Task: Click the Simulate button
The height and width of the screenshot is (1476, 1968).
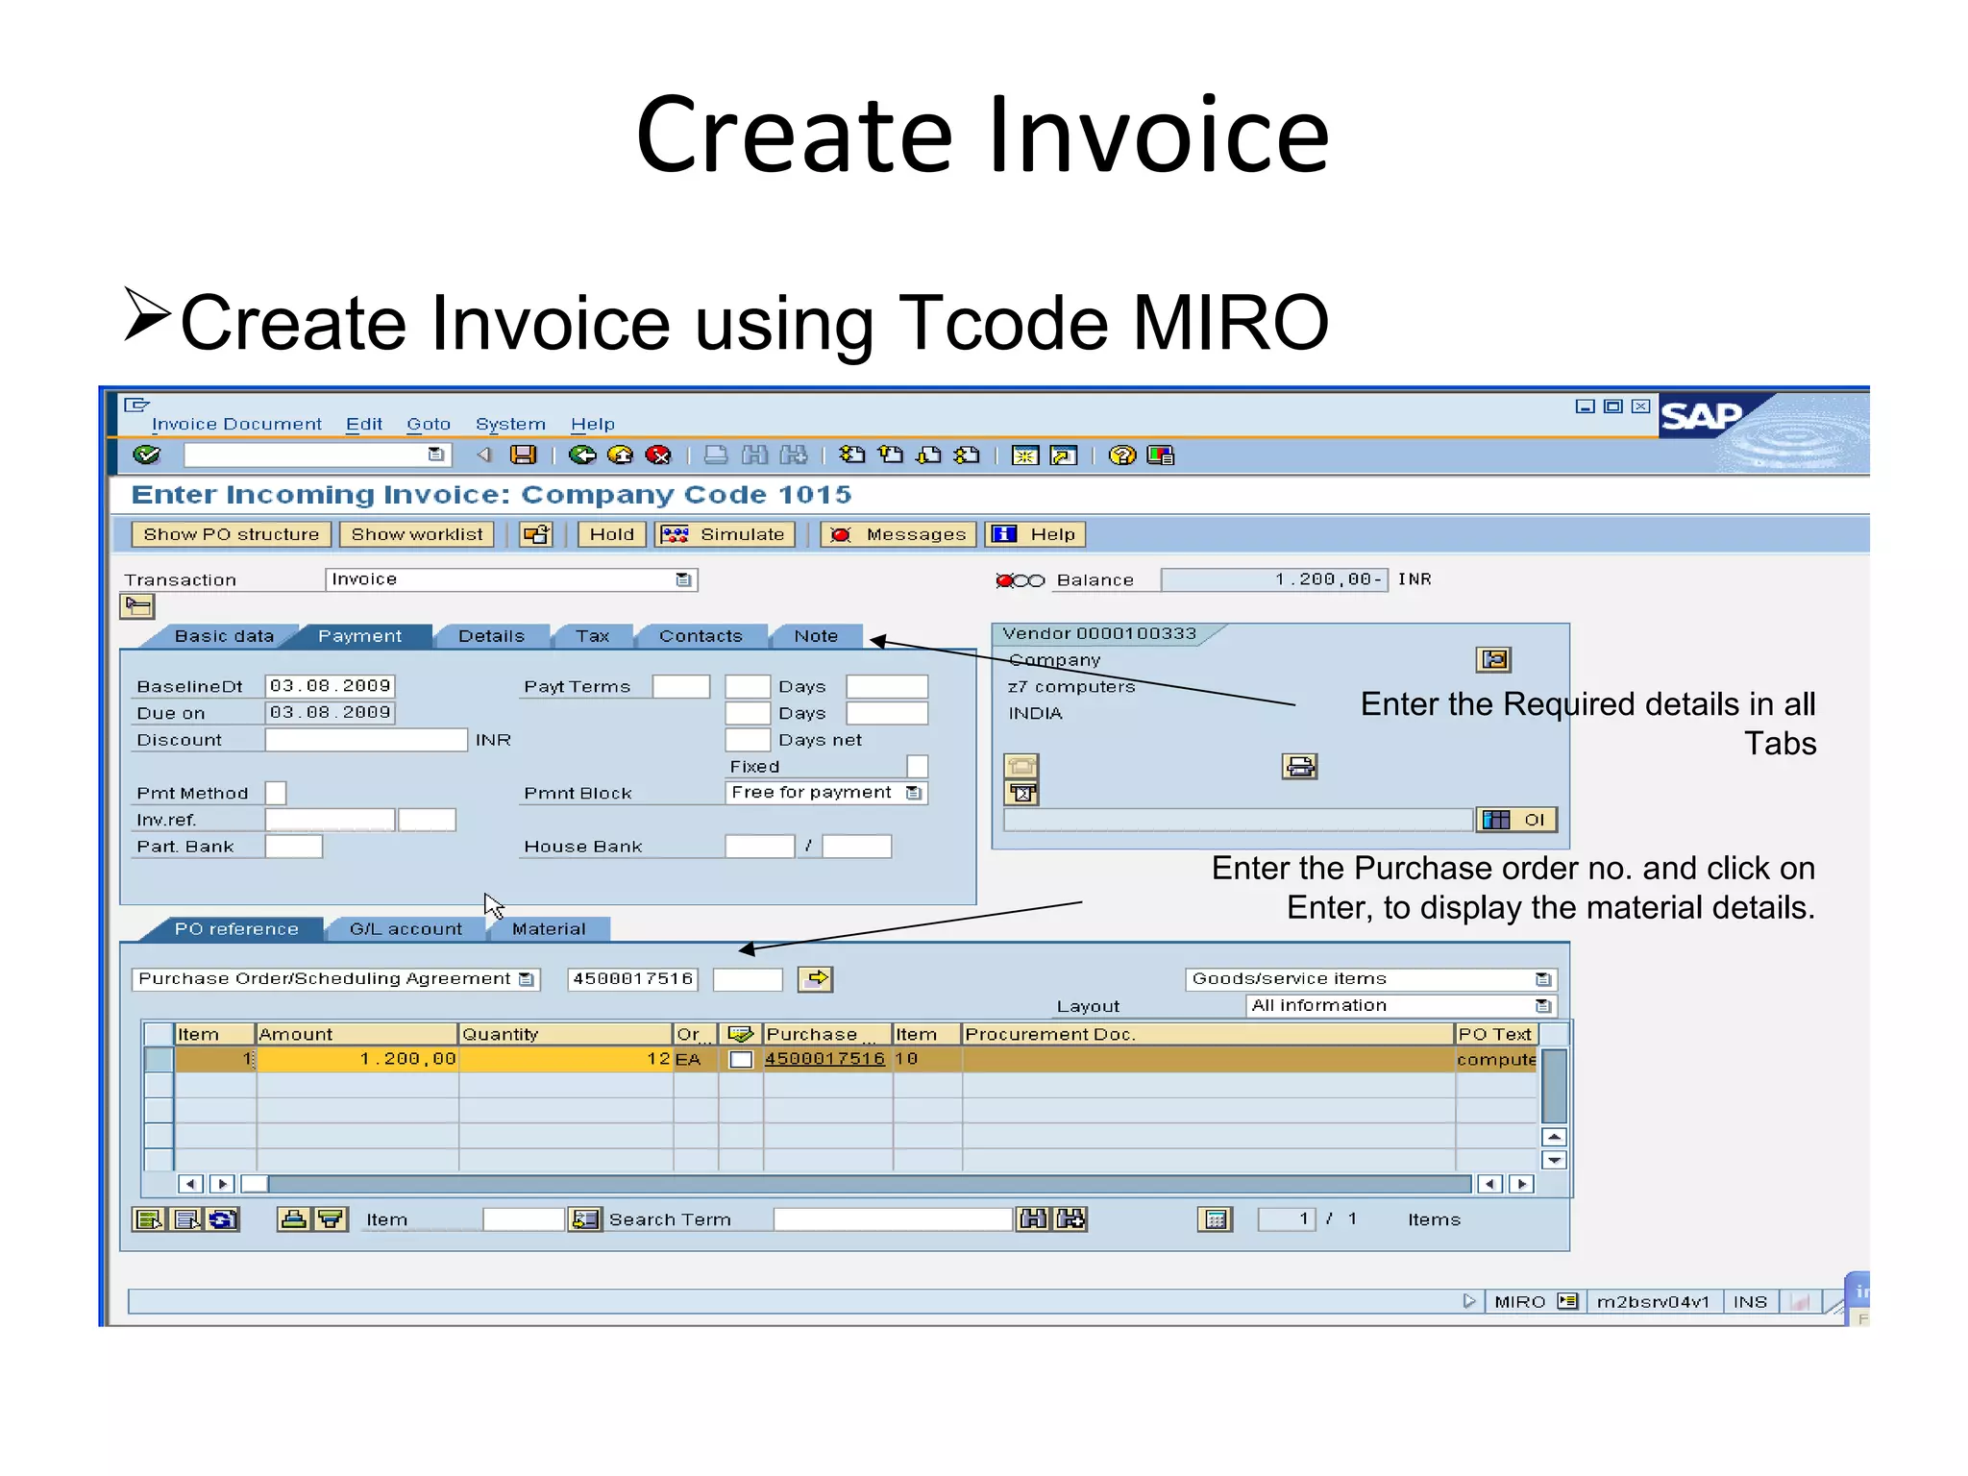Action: coord(726,534)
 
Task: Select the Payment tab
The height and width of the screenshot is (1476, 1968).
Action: coord(359,636)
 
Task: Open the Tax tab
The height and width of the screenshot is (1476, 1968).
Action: coord(592,636)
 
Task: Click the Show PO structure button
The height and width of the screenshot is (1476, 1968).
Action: coord(231,534)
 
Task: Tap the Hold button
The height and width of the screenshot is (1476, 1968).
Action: coord(611,534)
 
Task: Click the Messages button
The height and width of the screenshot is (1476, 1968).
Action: coord(898,534)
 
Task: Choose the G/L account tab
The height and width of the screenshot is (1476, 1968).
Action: coord(406,929)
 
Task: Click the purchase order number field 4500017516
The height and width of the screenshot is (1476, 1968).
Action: coord(632,979)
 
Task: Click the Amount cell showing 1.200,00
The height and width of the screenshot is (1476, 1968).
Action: coord(357,1059)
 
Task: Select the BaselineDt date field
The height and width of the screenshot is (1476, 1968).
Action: coord(330,686)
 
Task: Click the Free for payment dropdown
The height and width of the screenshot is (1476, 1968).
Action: coord(824,793)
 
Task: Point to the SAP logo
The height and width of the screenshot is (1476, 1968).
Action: coord(1701,417)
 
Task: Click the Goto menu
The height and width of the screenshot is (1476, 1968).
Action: coord(428,424)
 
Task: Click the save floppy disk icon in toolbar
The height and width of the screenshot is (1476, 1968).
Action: coord(523,455)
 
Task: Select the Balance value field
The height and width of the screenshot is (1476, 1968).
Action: coord(1273,579)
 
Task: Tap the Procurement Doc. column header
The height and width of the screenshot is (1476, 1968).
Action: coord(1206,1034)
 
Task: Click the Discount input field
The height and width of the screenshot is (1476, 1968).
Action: coord(365,740)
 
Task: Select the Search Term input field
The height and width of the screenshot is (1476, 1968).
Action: coord(893,1219)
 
